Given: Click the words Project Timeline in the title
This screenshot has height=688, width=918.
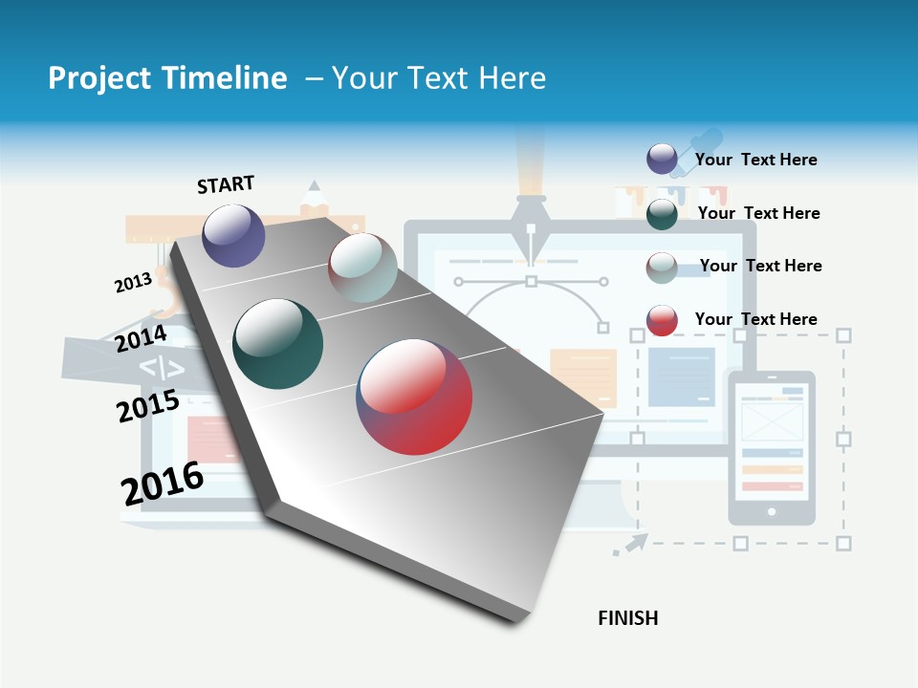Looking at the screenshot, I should (x=167, y=78).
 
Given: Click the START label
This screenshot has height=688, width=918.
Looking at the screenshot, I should (x=226, y=184).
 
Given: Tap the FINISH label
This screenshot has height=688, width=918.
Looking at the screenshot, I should (x=628, y=618).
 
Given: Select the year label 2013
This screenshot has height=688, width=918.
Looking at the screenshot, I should (x=133, y=283).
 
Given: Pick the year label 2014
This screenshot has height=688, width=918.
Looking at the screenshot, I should (x=141, y=339).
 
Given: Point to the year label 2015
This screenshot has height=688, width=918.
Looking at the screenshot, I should (x=147, y=406).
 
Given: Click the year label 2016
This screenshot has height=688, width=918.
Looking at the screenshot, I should (x=162, y=484).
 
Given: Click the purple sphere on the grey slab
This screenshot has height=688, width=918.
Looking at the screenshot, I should (x=233, y=235).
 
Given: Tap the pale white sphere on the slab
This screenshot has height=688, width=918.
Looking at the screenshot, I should (x=362, y=268).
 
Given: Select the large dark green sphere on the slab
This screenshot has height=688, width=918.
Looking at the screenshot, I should (x=278, y=344).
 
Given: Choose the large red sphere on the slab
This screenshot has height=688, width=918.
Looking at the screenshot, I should (x=414, y=397).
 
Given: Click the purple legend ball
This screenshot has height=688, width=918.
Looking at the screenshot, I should (x=662, y=159).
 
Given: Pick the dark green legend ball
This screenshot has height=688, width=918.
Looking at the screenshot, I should (x=662, y=214).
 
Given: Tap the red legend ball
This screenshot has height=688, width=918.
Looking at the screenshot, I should (x=662, y=320).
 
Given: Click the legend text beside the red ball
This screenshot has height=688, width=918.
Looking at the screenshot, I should (x=755, y=319).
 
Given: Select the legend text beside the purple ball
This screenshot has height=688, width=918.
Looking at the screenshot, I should (x=755, y=160).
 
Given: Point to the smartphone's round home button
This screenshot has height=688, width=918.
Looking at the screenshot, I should (x=772, y=512).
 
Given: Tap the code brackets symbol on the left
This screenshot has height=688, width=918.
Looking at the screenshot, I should (x=162, y=368).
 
